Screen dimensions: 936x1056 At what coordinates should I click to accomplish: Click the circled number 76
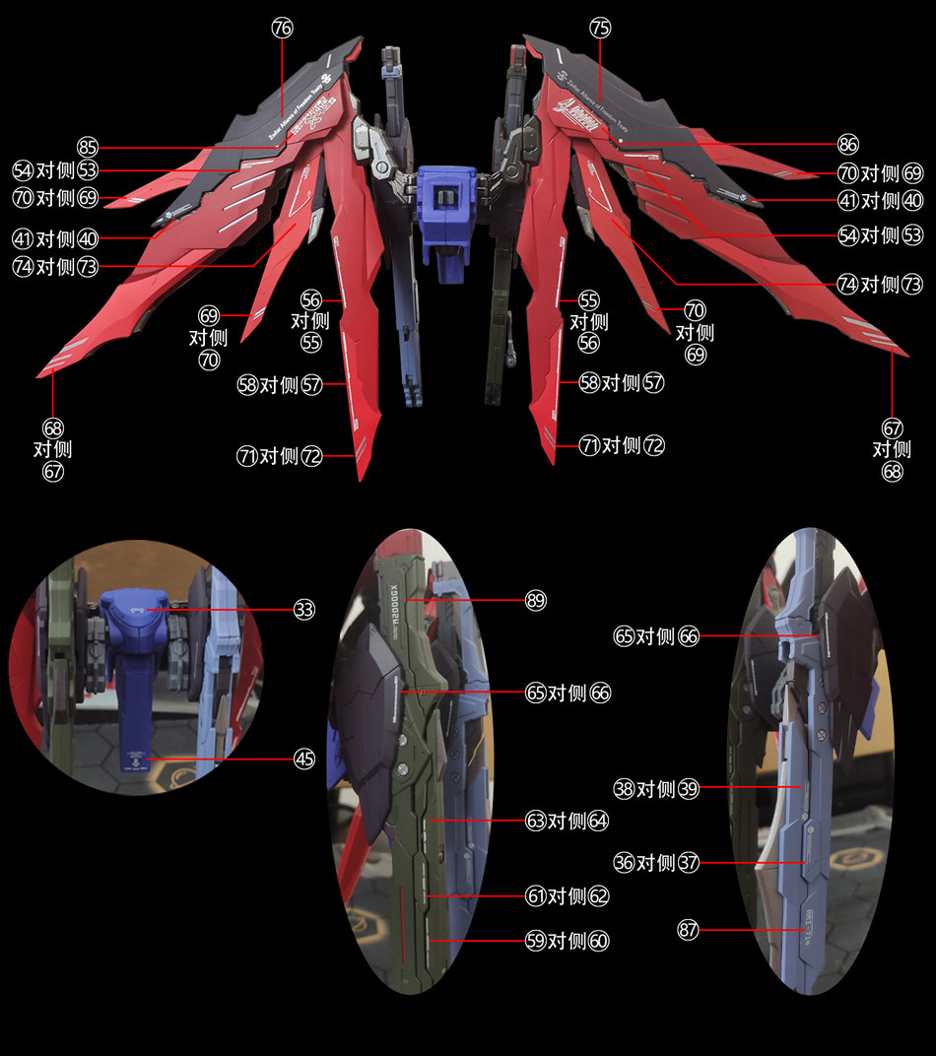(x=282, y=29)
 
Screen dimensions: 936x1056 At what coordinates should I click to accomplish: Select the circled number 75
(x=600, y=29)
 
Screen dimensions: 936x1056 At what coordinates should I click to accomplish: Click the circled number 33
(x=303, y=610)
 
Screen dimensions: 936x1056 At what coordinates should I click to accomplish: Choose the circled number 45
(x=303, y=758)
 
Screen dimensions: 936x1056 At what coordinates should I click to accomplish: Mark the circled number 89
(x=536, y=600)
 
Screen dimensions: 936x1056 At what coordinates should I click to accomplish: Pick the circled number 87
(x=688, y=929)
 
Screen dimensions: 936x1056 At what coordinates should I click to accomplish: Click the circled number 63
(x=536, y=820)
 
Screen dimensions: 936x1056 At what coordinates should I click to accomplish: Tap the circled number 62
(x=599, y=895)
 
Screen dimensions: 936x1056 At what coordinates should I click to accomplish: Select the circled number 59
(x=536, y=941)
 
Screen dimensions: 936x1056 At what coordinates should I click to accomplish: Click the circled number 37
(x=688, y=863)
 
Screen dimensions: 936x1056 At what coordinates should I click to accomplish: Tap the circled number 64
(x=599, y=820)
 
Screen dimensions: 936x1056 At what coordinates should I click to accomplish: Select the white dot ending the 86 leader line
(x=624, y=145)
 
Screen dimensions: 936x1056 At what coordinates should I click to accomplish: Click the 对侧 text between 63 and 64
(x=568, y=820)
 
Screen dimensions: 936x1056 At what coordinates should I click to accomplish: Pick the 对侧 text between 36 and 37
(x=656, y=863)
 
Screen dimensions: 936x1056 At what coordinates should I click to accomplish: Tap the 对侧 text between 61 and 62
(x=568, y=895)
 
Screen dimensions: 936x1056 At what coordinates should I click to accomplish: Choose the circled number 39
(x=688, y=788)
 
